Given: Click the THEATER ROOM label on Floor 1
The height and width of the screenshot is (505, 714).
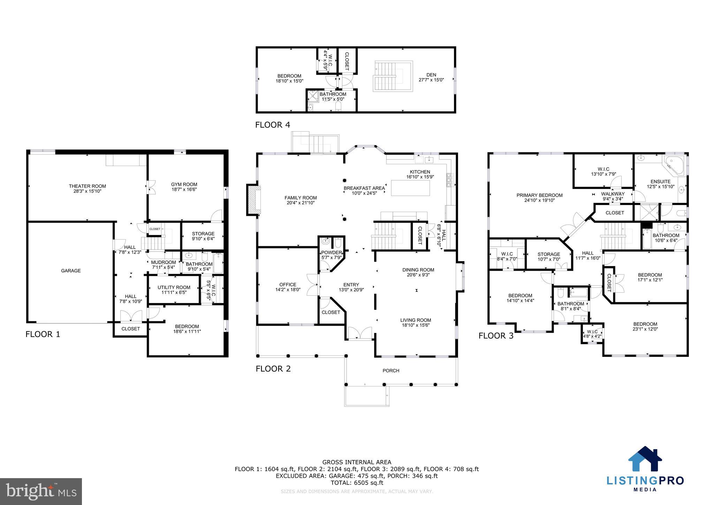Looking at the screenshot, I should [x=87, y=186].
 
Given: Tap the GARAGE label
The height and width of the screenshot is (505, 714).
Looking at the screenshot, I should [x=71, y=271].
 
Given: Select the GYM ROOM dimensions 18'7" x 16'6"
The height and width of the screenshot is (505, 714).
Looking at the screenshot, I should [x=184, y=190].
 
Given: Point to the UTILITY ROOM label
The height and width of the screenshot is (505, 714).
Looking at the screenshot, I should [x=174, y=287].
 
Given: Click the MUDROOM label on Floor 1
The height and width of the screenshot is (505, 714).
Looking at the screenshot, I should [x=163, y=262].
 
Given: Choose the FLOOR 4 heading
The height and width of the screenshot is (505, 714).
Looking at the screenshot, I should [x=272, y=125].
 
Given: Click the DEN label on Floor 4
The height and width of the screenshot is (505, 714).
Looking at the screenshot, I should [x=431, y=75].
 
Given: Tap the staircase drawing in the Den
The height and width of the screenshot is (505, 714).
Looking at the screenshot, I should [x=393, y=76].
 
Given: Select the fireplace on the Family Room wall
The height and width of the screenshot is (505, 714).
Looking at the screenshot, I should [x=253, y=199].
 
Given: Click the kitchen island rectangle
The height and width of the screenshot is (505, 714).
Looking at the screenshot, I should [x=410, y=188].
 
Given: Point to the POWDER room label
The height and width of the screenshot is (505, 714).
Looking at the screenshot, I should [x=331, y=252].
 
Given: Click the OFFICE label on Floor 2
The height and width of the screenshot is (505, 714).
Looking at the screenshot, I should [x=288, y=285].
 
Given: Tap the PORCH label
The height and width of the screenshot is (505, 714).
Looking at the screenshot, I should [x=391, y=370].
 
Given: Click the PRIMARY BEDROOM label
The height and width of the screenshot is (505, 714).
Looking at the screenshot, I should [x=539, y=195].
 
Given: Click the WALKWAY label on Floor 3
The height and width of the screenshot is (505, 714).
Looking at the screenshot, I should [x=613, y=194].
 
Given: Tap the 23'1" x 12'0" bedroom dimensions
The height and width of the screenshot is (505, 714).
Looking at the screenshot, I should [x=645, y=329].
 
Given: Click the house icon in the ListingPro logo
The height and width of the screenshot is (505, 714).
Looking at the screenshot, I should [x=645, y=459].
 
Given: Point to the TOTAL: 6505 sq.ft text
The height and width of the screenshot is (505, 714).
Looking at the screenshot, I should [x=357, y=483].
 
